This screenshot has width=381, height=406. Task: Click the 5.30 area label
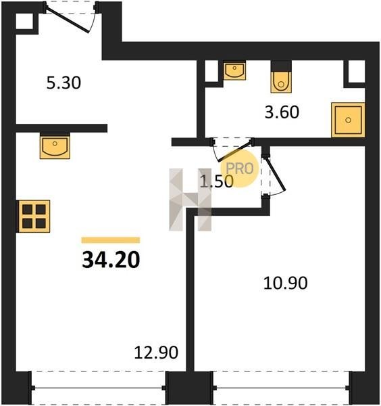63,83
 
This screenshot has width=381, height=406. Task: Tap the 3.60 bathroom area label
282,112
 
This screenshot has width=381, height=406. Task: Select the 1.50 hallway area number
217,181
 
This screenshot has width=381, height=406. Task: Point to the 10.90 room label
285,283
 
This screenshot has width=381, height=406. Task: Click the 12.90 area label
156,353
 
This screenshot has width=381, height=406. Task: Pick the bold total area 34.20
111,260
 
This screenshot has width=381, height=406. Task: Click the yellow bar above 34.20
111,240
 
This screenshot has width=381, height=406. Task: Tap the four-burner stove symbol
33,217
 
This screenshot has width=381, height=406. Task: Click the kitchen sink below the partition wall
55,145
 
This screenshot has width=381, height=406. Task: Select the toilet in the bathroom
281,78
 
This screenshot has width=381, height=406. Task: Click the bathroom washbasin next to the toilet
234,70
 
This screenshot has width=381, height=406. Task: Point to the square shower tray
348,120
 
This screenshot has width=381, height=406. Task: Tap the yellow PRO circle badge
240,168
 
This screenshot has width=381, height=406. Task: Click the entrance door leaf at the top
68,20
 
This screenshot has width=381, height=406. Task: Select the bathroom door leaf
235,151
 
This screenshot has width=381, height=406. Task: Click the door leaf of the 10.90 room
276,175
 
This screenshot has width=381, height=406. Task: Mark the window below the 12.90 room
99,388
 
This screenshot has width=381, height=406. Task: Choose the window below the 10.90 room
281,388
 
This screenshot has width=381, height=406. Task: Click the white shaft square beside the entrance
24,21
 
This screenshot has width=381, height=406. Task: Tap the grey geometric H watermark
190,200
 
